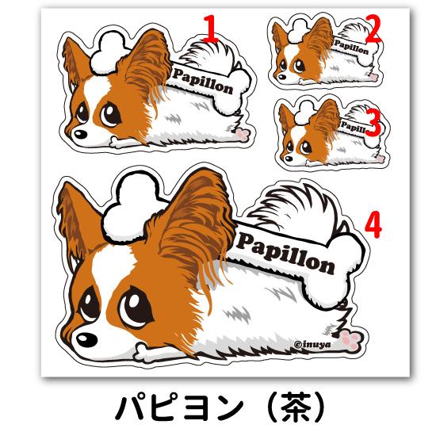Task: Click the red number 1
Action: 210,29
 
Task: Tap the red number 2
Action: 373,31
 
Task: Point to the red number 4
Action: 373,226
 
